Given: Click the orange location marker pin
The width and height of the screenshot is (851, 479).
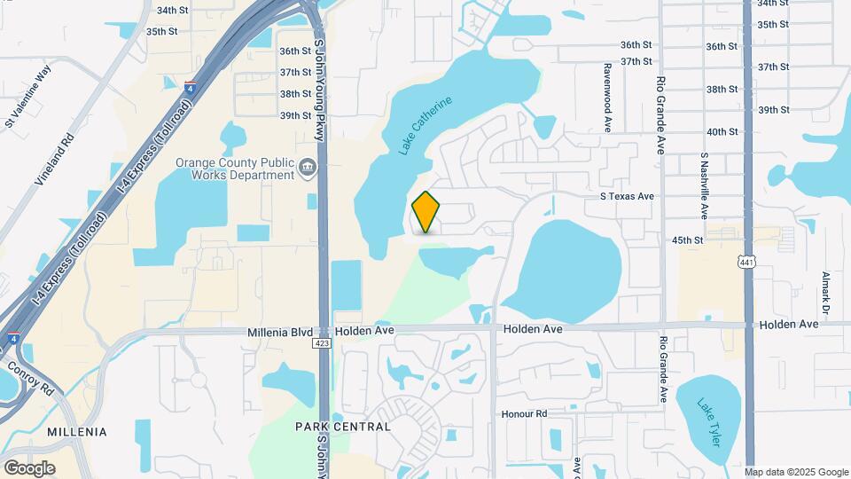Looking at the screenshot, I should [426, 211].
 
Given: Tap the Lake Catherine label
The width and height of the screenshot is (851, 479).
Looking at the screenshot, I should [425, 126].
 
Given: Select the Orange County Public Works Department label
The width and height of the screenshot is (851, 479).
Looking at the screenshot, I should [234, 169].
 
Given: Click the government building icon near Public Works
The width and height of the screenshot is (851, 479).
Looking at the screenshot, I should [308, 166].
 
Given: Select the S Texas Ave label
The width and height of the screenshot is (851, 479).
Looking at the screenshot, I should [627, 196].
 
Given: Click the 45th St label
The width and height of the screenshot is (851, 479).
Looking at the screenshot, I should [687, 240].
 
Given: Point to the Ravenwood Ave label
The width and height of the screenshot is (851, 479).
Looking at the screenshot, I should [608, 93].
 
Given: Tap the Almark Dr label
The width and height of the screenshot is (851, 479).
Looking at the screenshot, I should [825, 293].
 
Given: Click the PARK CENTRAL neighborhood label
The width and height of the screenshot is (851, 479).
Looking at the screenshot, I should [343, 427].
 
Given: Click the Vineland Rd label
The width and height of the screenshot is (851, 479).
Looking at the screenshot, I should [52, 160].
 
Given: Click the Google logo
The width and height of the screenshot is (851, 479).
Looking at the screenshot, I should [29, 467].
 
